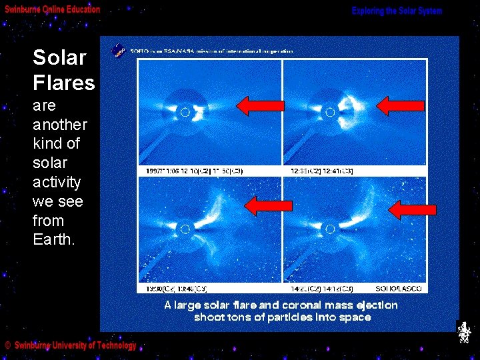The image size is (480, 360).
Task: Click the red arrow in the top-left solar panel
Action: (260, 105)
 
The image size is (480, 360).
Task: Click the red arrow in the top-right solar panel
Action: (400, 105)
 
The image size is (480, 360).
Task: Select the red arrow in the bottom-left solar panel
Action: (268, 205)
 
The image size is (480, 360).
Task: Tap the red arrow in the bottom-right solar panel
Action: (412, 210)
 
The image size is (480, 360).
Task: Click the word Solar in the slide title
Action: (59, 57)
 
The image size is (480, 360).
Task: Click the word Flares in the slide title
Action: (64, 83)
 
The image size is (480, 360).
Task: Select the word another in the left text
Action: (60, 125)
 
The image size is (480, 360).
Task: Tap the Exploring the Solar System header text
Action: (397, 11)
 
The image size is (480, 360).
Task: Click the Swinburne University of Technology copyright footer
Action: (71, 345)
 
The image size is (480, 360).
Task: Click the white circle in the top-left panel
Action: (185, 113)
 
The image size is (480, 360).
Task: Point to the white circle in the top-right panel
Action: (329, 113)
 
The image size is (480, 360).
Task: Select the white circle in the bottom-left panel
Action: (185, 229)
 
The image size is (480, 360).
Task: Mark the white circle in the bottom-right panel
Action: (329, 229)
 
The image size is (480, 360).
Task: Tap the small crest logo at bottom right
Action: (464, 333)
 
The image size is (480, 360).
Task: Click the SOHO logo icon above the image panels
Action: (118, 50)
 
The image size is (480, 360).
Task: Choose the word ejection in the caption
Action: (376, 305)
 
